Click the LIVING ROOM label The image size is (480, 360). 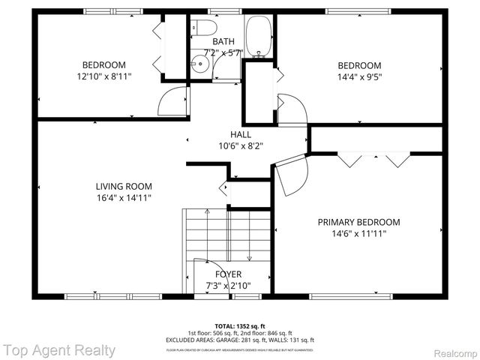pos(124,187)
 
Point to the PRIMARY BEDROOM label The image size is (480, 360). pos(358,222)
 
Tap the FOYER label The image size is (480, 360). pos(228,274)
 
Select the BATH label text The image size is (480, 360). pos(223,42)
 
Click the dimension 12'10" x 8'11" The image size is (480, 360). pos(103,76)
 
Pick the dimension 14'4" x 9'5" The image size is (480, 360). pos(358,76)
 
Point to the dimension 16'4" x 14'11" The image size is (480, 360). pos(124,199)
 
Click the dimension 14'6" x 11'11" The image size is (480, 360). pos(358,234)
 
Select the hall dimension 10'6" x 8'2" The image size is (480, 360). pos(240,146)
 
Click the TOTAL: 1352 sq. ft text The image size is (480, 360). pos(240,326)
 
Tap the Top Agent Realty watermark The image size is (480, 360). pos(59,350)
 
